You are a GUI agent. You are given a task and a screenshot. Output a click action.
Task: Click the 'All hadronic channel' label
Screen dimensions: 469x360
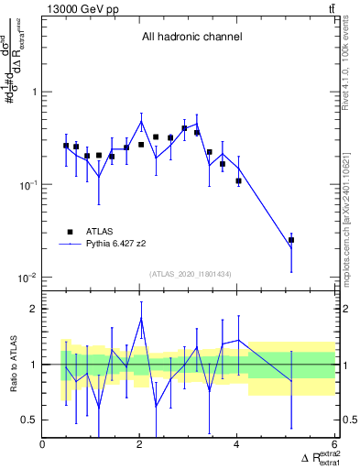coord(191,38)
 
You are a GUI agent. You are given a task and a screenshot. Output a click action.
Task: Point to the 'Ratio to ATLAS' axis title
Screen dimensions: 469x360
coord(12,365)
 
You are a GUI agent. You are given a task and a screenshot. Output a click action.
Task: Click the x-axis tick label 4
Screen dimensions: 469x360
coord(237,445)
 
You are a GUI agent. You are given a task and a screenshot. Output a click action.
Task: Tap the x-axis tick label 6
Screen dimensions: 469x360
coord(334,445)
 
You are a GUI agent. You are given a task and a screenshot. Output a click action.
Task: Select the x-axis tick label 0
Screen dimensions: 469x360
coord(43,445)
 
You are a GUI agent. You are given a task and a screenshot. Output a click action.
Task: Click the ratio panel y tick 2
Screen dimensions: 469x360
coord(34,309)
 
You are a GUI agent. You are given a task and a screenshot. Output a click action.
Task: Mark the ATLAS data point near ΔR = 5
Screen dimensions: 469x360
coord(291,240)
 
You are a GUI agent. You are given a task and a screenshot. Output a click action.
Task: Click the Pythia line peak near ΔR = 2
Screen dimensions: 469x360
coord(141,121)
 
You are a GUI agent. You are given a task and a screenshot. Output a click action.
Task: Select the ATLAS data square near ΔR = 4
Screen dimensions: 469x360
coord(238,180)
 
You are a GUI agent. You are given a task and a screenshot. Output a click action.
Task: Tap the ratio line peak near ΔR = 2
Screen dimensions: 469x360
coord(141,318)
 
